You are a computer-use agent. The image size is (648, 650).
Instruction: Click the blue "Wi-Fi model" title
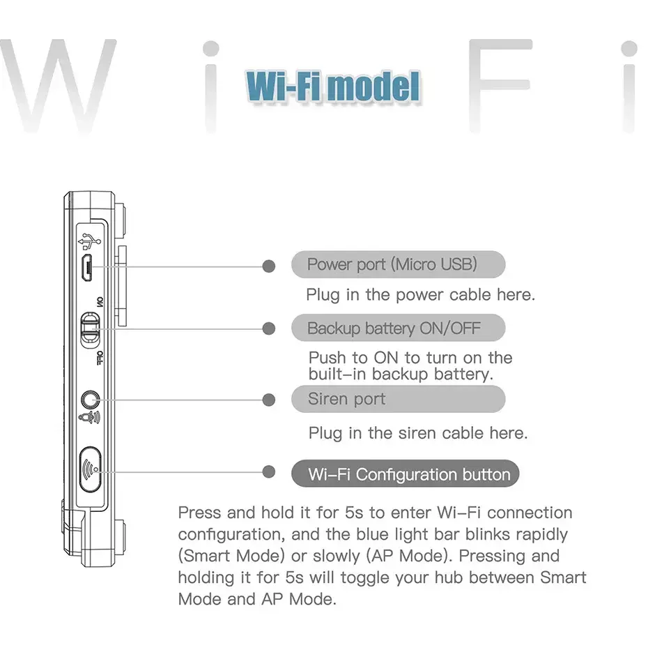(x=333, y=86)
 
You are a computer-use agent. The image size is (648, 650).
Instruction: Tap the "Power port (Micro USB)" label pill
(x=399, y=264)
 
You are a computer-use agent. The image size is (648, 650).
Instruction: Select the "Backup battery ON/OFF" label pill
(x=399, y=328)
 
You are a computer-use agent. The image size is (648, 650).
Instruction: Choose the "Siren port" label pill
(x=399, y=399)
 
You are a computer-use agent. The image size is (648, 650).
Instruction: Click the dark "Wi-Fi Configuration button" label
(x=406, y=474)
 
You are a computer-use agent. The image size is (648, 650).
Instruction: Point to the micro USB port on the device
(x=86, y=267)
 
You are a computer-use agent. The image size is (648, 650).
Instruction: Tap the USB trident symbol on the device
(x=89, y=241)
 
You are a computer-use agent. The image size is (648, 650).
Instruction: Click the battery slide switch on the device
(x=91, y=330)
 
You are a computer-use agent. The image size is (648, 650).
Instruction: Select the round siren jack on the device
(x=90, y=400)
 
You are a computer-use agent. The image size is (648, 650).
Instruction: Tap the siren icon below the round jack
(x=89, y=418)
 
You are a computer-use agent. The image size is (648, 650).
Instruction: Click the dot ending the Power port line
(x=269, y=266)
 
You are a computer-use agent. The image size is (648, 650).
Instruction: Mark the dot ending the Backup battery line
(x=269, y=328)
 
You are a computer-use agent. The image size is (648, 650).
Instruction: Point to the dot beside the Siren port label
(x=269, y=400)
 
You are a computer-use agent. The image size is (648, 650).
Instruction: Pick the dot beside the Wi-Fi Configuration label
(x=269, y=471)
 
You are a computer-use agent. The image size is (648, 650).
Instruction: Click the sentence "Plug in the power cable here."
(x=421, y=295)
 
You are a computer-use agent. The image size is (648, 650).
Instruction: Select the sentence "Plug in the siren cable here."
(x=418, y=434)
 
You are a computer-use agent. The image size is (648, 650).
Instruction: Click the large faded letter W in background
(x=59, y=86)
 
